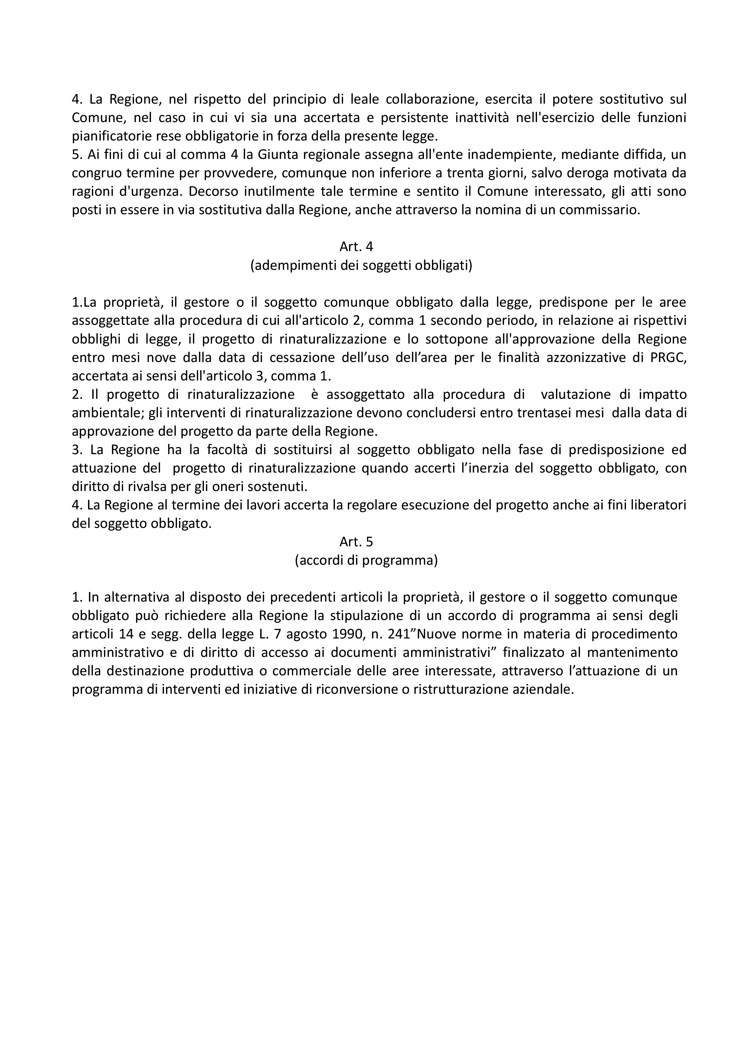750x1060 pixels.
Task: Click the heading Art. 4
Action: [356, 247]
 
